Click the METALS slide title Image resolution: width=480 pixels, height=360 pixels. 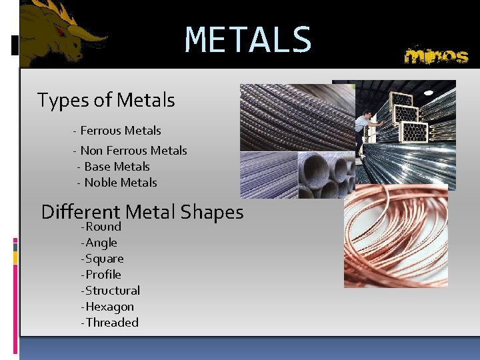point(248,40)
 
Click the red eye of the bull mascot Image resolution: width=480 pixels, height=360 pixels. point(61,31)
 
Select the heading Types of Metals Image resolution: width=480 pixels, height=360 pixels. point(106,101)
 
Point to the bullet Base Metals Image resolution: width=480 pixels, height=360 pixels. point(114,167)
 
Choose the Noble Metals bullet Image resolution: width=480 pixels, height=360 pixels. point(117,183)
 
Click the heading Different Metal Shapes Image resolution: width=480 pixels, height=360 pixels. point(142,212)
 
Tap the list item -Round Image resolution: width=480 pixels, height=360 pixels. point(101,227)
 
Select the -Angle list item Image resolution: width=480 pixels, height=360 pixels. point(99,243)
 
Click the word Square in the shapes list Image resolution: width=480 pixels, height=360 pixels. point(105,259)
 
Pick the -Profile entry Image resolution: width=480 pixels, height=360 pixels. point(101,275)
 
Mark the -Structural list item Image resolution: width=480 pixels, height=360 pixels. point(111,291)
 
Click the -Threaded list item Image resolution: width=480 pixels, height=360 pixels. point(110,323)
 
